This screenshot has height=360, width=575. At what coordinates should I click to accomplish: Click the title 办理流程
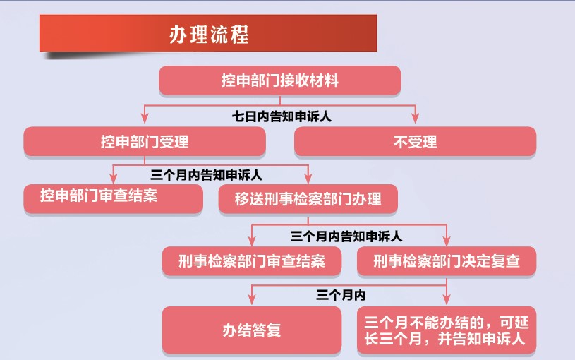pos(209,35)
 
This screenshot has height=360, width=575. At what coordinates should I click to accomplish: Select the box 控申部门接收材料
pos(280,80)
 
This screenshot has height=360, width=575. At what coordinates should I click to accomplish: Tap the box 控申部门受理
pos(145,142)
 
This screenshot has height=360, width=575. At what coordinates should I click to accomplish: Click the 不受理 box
pos(415,142)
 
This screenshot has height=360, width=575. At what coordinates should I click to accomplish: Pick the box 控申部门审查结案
pos(114,198)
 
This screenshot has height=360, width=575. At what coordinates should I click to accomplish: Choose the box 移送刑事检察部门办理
pos(308,199)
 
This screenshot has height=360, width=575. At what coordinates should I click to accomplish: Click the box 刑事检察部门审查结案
pos(252,261)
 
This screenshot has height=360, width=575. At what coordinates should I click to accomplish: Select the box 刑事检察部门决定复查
pos(447,261)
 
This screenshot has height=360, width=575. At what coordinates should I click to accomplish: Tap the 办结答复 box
pos(252,330)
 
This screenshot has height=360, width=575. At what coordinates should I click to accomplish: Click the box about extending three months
pos(447,330)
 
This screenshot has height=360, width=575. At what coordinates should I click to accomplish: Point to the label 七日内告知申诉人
pos(282,116)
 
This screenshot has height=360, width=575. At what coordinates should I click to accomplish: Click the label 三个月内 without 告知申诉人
pos(341,295)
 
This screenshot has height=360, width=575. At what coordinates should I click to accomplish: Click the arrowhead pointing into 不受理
pos(415,119)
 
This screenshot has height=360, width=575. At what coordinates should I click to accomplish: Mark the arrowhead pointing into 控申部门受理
pos(145,119)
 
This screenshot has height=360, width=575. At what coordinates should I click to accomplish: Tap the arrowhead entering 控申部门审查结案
pos(114,178)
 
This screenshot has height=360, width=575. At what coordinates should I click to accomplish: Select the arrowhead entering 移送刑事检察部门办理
pos(308,178)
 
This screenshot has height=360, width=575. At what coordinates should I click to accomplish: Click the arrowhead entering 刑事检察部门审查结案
pos(252,241)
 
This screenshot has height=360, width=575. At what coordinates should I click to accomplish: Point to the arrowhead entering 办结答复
pos(252,299)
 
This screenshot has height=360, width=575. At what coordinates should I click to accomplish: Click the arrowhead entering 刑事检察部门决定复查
pos(447,241)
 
